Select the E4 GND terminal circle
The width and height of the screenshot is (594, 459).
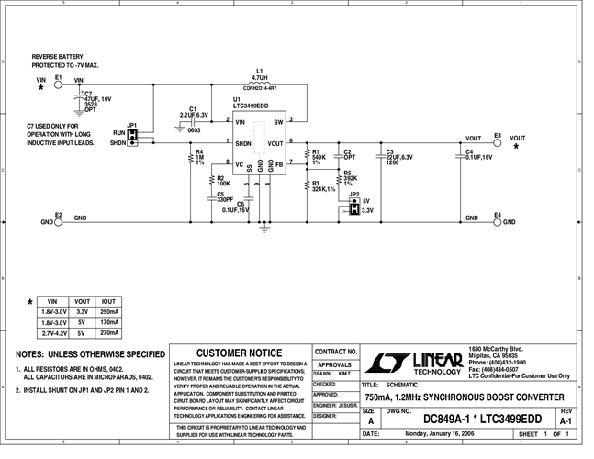click(497, 221)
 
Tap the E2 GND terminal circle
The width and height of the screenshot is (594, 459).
click(59, 221)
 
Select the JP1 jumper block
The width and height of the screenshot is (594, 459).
click(132, 136)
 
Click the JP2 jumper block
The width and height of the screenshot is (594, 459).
click(353, 207)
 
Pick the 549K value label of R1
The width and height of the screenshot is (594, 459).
click(319, 156)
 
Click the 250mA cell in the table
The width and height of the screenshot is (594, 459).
click(109, 312)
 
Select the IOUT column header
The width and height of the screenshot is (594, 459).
click(109, 301)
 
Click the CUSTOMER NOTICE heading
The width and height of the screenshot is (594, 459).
click(241, 353)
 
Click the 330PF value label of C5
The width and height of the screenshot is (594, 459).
click(226, 198)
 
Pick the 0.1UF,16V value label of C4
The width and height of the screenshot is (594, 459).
click(478, 157)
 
